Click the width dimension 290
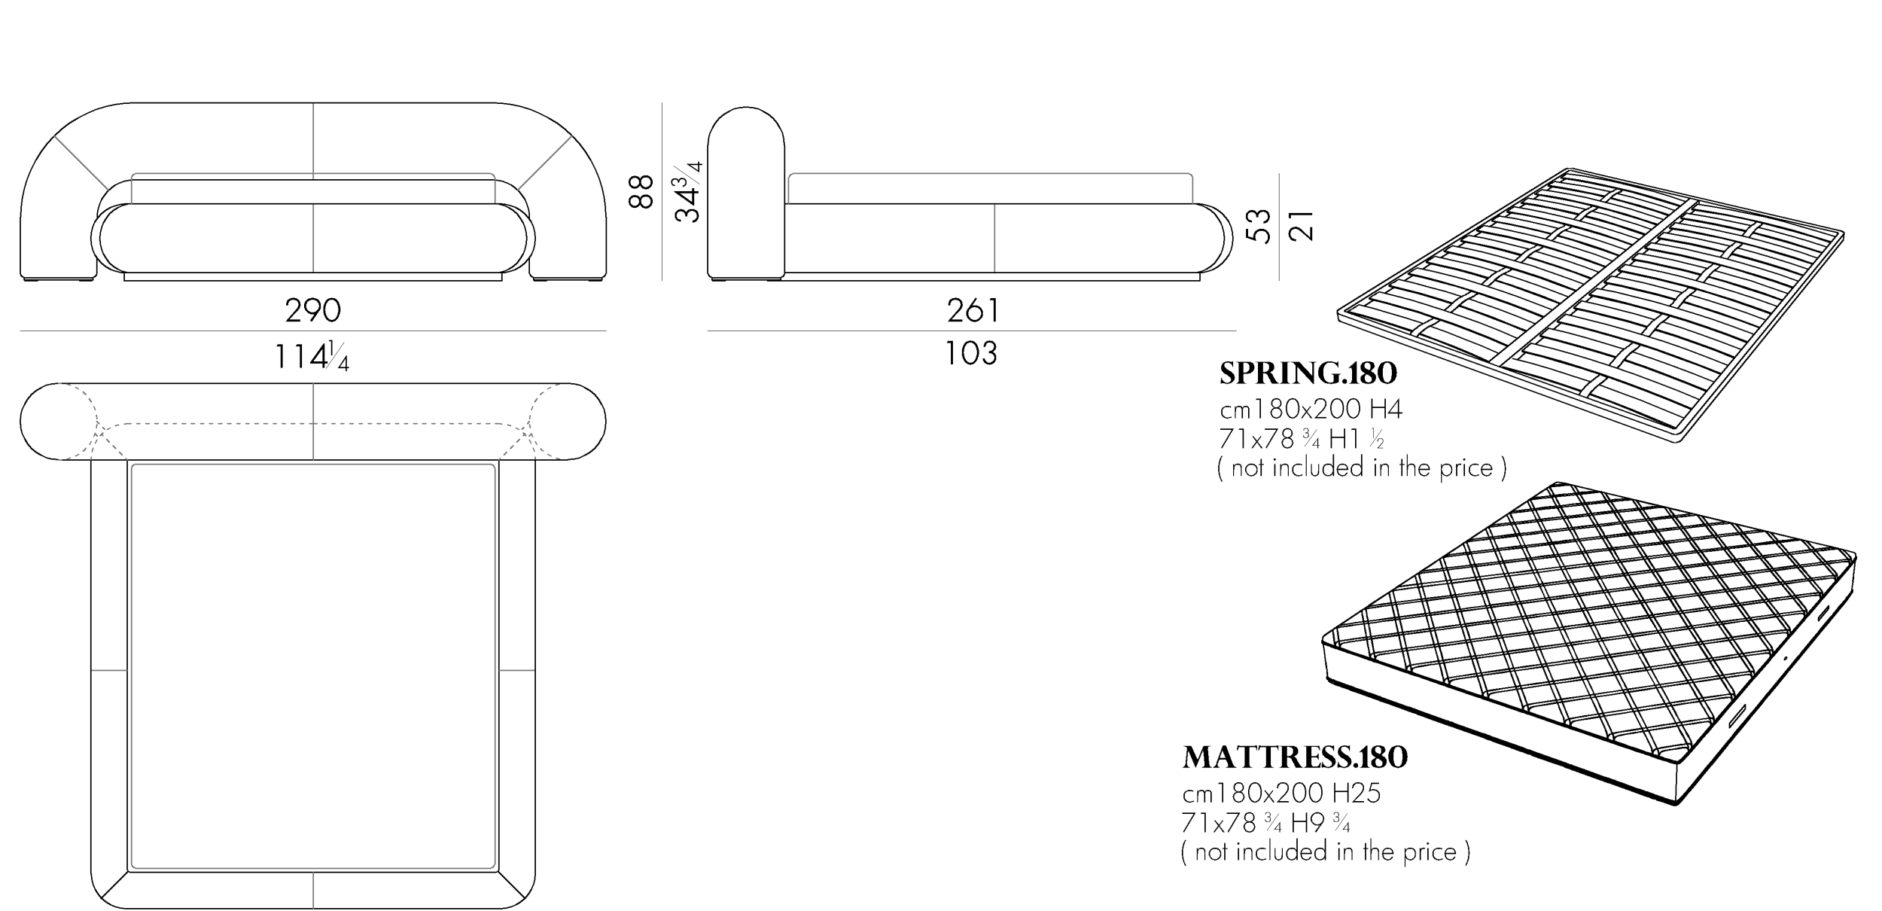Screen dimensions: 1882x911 point(313,310)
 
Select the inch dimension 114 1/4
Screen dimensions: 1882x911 point(312,356)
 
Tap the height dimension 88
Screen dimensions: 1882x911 point(641,191)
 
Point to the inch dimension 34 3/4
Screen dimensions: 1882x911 point(688,191)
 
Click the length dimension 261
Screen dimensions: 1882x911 point(973,310)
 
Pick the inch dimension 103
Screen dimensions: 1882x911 point(971,353)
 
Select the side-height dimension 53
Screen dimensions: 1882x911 point(1258,226)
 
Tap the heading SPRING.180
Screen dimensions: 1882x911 point(1308,373)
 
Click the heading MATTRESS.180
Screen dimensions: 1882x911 point(1295,757)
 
